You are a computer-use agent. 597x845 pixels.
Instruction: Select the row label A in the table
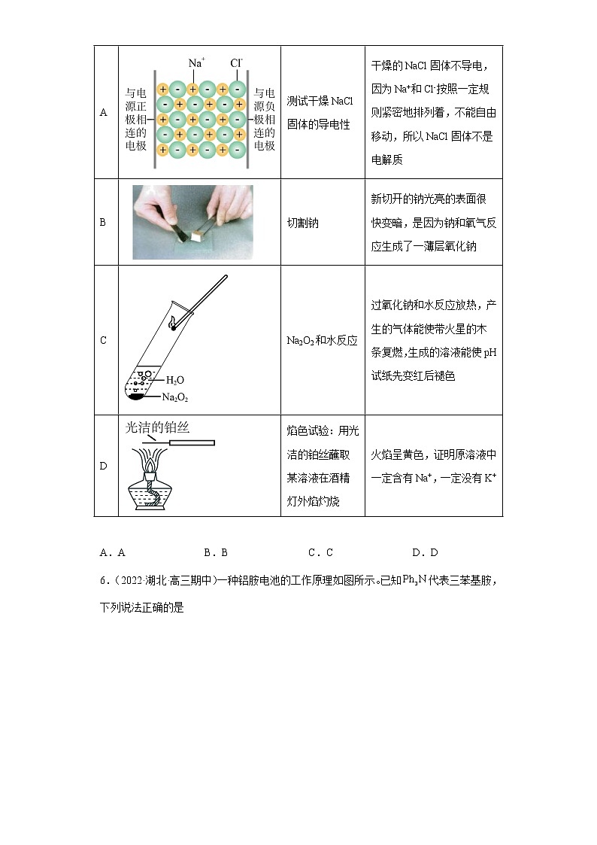tap(104, 113)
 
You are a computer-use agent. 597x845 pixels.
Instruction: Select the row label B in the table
tap(104, 223)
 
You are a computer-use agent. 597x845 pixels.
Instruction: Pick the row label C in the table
tap(104, 340)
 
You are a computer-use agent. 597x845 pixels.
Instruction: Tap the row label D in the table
tap(104, 466)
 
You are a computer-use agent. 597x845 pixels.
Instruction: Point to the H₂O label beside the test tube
tap(174, 380)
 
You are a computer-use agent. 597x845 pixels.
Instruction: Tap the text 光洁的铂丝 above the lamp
tap(157, 427)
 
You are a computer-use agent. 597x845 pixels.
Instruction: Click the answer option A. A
tap(112, 552)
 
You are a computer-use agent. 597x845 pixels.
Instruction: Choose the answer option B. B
tap(216, 552)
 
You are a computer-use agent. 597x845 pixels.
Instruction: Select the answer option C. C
tap(320, 552)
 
